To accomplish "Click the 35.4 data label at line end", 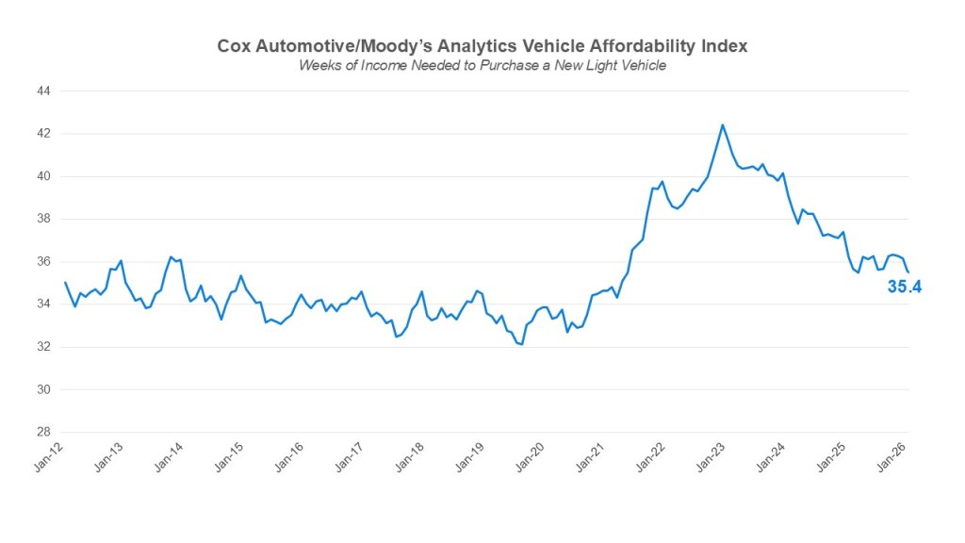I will (904, 287).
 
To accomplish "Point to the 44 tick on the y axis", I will (43, 91).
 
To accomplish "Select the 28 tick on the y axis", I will (43, 433).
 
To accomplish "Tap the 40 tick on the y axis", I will (43, 176).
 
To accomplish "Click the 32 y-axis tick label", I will (43, 347).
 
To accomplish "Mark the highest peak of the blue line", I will (722, 124).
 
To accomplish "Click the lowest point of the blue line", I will (521, 345).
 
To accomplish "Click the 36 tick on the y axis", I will (43, 262).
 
